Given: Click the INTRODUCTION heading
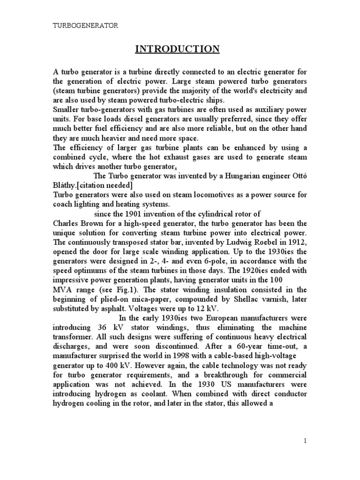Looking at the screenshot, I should (177, 49).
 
